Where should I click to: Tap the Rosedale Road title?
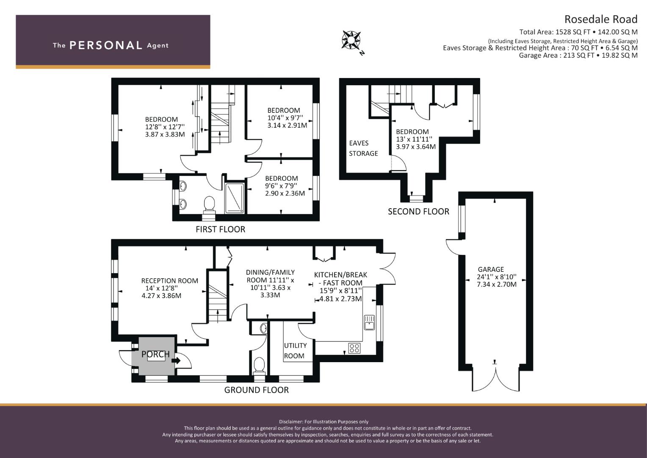click(601, 19)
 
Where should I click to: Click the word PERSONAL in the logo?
click(106, 45)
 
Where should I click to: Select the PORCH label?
click(155, 354)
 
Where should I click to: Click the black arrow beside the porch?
click(176, 360)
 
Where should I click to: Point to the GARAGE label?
click(491, 269)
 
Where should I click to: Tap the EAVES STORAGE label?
click(363, 148)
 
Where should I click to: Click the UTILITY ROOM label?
click(295, 351)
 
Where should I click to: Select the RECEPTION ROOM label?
click(169, 281)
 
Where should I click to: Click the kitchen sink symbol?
click(369, 322)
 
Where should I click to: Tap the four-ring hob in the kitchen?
click(354, 348)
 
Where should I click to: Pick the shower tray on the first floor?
click(235, 198)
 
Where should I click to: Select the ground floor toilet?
click(259, 366)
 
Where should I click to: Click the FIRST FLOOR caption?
click(220, 229)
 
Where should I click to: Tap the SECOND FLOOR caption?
click(418, 212)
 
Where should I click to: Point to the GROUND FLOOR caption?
click(257, 390)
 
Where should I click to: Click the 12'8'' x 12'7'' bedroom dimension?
click(165, 127)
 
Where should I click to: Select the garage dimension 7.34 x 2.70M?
click(497, 285)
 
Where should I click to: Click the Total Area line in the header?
click(578, 32)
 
